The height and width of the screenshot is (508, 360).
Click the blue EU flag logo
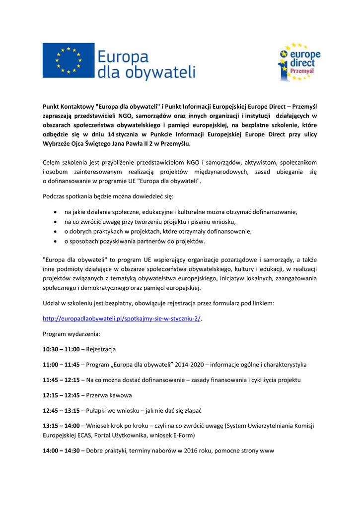pos(68,60)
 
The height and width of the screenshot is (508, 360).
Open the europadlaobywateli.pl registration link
pos(122,318)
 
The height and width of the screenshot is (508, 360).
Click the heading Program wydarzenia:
pos(72,333)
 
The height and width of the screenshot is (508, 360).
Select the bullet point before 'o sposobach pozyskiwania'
pos(55,242)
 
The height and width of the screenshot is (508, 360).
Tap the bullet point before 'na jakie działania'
pos(55,212)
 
